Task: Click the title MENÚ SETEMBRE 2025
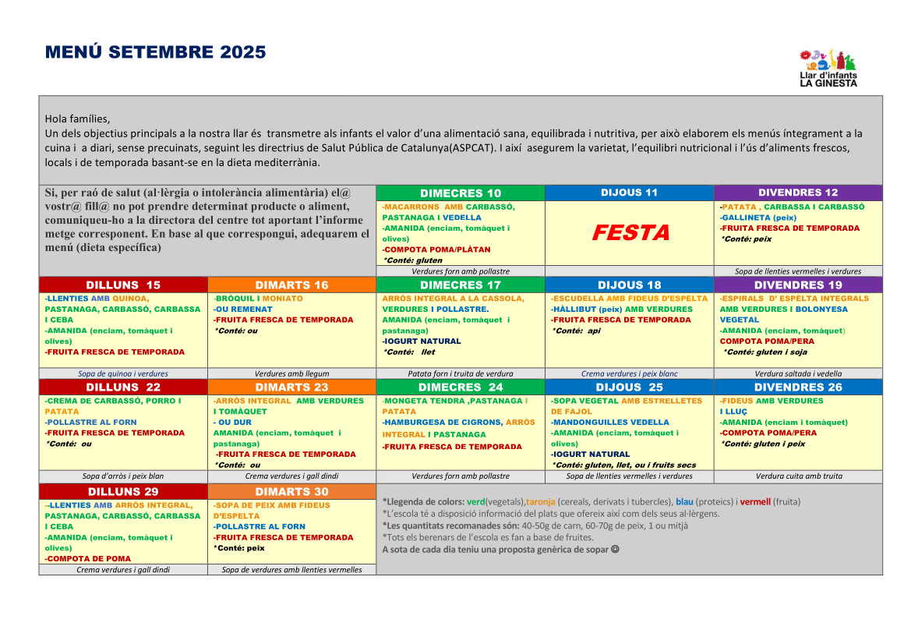point(156,52)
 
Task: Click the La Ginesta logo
point(828,68)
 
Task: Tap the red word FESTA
point(630,232)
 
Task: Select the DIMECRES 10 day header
point(461,193)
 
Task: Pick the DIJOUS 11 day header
point(629,193)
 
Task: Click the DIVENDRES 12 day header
point(798,193)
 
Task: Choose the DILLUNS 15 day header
point(123,285)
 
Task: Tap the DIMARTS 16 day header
point(292,285)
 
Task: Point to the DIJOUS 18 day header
point(629,285)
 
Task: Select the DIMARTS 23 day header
point(292,387)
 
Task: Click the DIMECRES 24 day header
point(461,387)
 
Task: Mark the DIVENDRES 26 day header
point(798,387)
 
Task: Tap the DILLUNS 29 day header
point(123,492)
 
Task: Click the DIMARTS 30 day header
point(292,492)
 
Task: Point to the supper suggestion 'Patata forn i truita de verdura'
point(461,373)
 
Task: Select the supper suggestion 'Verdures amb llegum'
point(292,373)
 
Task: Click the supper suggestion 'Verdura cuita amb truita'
point(798,476)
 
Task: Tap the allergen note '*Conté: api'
point(578,331)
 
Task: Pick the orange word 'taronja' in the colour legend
point(540,501)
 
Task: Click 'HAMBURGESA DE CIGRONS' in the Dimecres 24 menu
point(442,423)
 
